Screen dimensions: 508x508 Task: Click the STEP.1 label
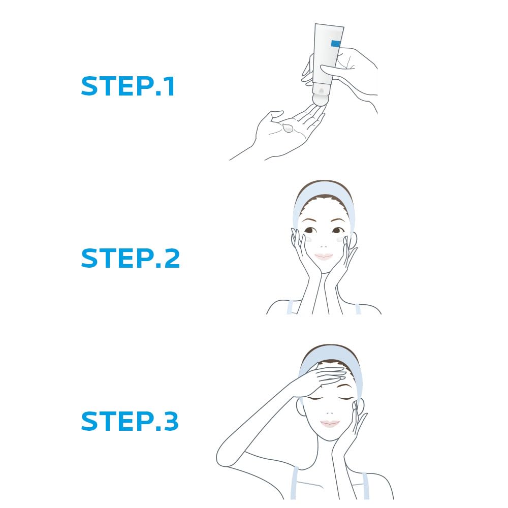128,87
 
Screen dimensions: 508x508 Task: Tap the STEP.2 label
130,259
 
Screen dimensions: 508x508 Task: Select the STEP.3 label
130,422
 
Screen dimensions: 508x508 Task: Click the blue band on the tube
336,44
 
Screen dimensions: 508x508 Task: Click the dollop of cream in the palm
288,127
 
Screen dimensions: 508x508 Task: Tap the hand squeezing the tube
356,71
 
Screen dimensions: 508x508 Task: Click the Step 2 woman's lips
324,257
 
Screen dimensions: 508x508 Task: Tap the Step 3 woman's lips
330,423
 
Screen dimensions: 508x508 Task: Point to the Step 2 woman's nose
324,242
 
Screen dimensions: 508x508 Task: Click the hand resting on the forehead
323,376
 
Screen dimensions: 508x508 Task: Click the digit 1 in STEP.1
170,87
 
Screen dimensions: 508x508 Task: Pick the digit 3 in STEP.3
170,422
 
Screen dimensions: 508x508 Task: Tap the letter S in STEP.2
90,259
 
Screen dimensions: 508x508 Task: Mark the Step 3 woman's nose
330,410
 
